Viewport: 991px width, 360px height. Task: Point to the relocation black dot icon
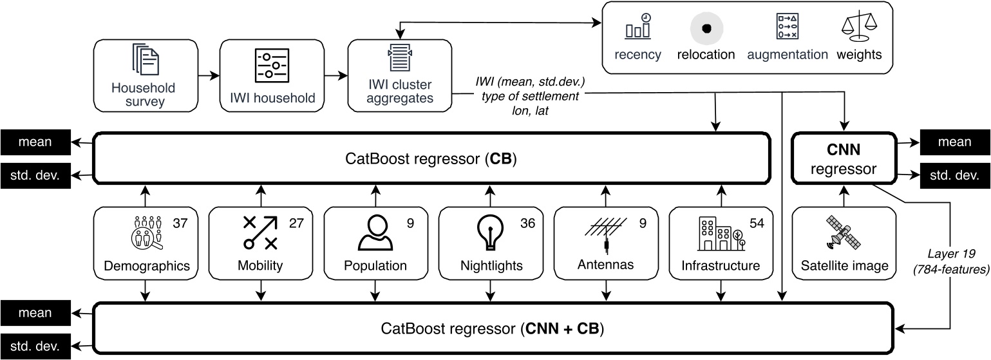(x=706, y=28)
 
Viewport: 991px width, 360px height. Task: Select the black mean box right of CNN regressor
(x=950, y=142)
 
